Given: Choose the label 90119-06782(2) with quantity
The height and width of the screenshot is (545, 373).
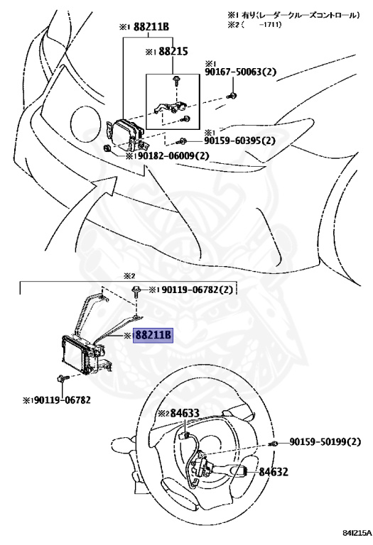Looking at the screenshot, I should point(192,290).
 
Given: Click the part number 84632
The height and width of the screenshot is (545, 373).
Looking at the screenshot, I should point(274,471).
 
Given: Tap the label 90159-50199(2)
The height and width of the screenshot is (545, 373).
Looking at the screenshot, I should point(327,442).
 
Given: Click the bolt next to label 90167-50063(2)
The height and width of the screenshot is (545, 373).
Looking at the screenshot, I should point(232,95).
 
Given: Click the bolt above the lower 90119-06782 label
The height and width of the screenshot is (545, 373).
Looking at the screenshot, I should point(63,380).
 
